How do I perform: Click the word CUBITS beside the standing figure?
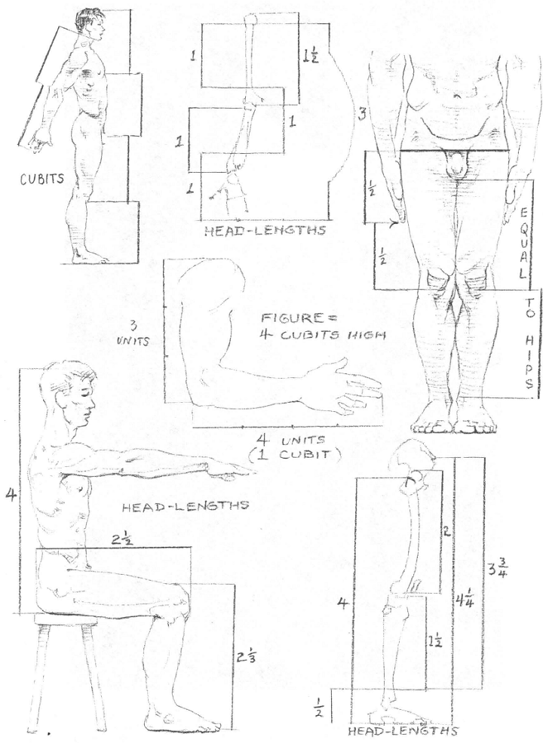[41, 180]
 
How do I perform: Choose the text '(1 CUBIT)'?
[295, 455]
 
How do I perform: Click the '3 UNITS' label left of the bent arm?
[134, 333]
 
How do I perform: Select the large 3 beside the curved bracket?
[363, 115]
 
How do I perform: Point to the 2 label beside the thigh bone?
[446, 532]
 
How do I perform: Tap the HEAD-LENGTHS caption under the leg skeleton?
[403, 731]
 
